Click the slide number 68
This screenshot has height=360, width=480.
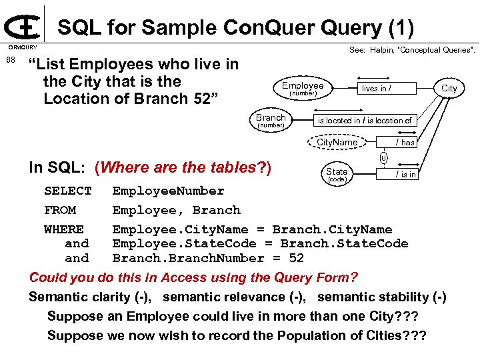[x=10, y=61]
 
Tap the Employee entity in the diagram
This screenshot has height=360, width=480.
[x=302, y=88]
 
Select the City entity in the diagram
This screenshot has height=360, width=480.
[x=449, y=88]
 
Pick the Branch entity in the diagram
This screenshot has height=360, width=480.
[x=271, y=120]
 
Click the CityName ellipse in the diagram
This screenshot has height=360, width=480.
[x=337, y=142]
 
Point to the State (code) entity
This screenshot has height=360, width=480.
[x=337, y=173]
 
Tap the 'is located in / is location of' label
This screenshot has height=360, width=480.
[x=365, y=121]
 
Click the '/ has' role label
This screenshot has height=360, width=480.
[x=405, y=143]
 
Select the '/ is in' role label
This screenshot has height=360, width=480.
[x=405, y=175]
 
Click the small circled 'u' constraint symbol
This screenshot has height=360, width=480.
[x=383, y=158]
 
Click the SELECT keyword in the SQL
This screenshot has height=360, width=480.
[x=68, y=191]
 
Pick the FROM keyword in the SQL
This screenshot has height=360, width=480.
[x=60, y=211]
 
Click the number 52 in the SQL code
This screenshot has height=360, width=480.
[x=296, y=258]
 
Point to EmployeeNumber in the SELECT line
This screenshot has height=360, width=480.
[x=168, y=191]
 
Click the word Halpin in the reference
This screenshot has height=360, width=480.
[x=382, y=50]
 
